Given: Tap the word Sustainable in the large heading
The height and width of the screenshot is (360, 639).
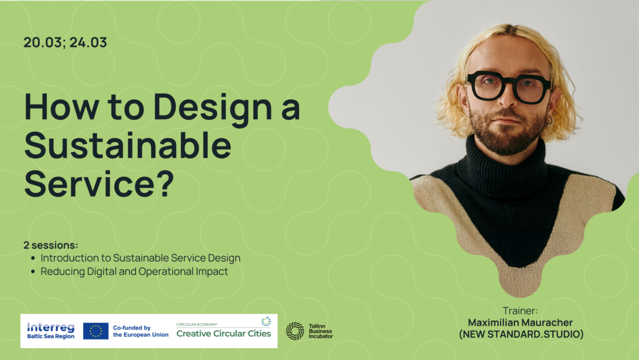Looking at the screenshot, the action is coord(128,145).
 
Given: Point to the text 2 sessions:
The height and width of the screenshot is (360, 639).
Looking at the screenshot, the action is coord(51,245).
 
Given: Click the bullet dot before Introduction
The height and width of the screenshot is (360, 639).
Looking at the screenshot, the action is coord(34,258).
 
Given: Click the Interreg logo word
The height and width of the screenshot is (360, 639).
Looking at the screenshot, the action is coord(51,327).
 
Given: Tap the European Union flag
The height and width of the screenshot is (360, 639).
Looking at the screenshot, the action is coord(95,331).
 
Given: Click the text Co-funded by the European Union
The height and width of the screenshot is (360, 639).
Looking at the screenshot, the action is coord(140,331).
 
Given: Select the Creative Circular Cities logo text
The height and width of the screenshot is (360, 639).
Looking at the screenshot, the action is coord(224,334).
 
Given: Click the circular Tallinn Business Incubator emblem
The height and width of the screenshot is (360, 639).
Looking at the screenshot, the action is coord(295,331).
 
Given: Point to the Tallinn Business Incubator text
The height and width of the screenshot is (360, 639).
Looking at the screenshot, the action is coord(321,331).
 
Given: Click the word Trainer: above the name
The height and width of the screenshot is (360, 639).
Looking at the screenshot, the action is coord(520,311).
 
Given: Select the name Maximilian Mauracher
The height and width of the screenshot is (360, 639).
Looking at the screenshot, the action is coord(520,323).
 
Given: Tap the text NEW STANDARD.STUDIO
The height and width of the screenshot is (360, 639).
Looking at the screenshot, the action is coord(521,334).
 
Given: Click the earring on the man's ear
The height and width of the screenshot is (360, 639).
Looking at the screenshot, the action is coord(550,120).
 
